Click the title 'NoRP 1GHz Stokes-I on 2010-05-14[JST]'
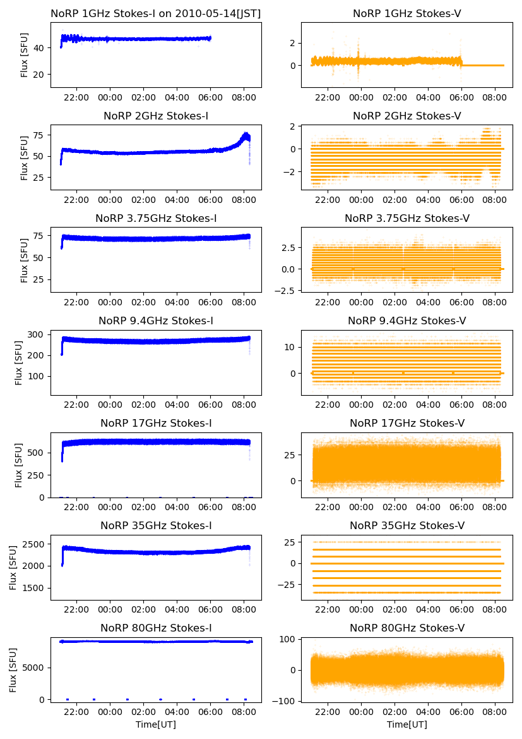point(156,13)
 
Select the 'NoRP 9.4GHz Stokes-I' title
point(156,321)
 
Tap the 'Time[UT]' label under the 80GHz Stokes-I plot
point(156,724)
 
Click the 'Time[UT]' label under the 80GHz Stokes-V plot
point(407,724)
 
